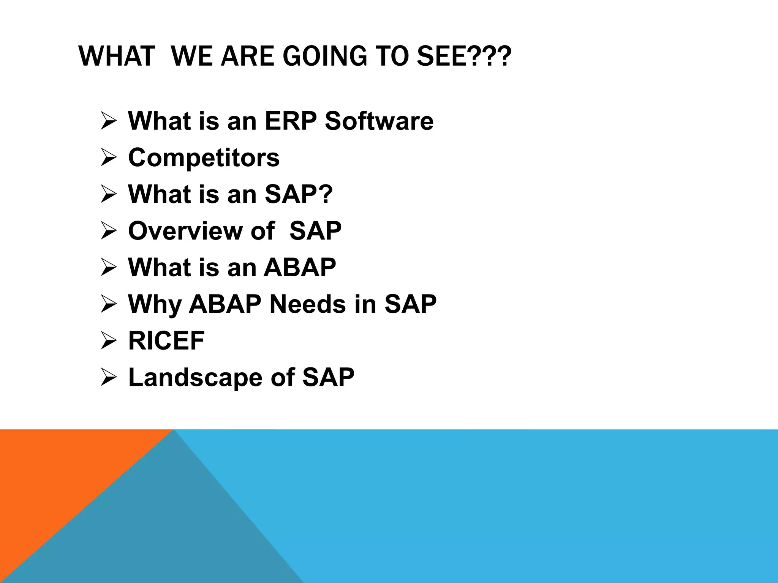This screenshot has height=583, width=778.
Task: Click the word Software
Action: point(379,121)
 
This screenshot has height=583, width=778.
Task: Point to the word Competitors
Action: point(204,158)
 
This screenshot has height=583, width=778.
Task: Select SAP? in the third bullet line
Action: point(299,194)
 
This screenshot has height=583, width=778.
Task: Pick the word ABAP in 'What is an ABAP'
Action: point(300,268)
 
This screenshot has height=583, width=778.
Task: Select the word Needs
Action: point(307,304)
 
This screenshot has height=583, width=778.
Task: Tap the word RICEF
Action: point(166,340)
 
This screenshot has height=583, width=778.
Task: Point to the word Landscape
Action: point(195,377)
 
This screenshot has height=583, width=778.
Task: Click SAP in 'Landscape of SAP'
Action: point(328,377)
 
